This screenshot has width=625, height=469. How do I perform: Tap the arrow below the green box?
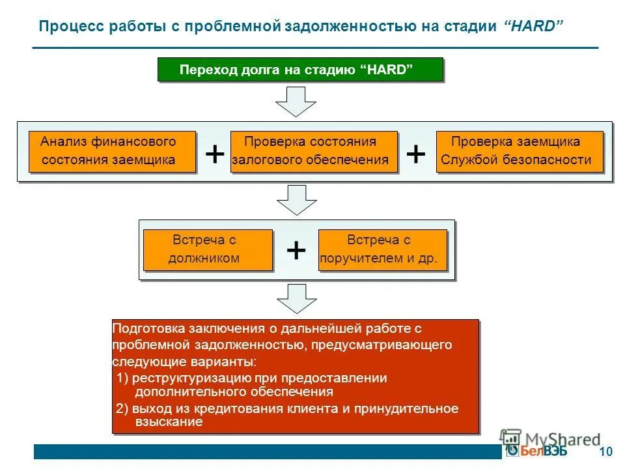click(x=296, y=101)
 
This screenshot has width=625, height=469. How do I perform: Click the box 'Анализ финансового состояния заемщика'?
click(x=112, y=151)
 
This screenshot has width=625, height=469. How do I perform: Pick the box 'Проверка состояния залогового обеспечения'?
click(x=314, y=151)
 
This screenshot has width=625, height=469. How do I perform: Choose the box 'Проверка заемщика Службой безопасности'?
click(x=520, y=151)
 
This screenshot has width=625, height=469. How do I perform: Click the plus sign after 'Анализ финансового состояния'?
click(x=214, y=154)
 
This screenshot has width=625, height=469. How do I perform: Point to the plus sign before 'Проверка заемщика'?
click(x=415, y=154)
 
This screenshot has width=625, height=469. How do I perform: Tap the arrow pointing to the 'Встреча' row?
click(x=296, y=199)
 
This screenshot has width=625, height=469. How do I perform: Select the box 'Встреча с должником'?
click(x=207, y=249)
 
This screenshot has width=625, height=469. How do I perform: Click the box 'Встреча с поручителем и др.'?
click(x=382, y=249)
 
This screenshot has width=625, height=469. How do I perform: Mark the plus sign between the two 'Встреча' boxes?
click(x=296, y=250)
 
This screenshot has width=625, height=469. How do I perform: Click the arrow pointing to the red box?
click(x=296, y=299)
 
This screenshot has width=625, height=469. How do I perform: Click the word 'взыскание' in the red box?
click(x=169, y=422)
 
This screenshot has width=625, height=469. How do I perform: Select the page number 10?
click(x=605, y=452)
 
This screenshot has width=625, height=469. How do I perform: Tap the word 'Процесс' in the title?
click(x=66, y=27)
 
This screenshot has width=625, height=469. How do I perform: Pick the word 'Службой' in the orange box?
click(x=469, y=160)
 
